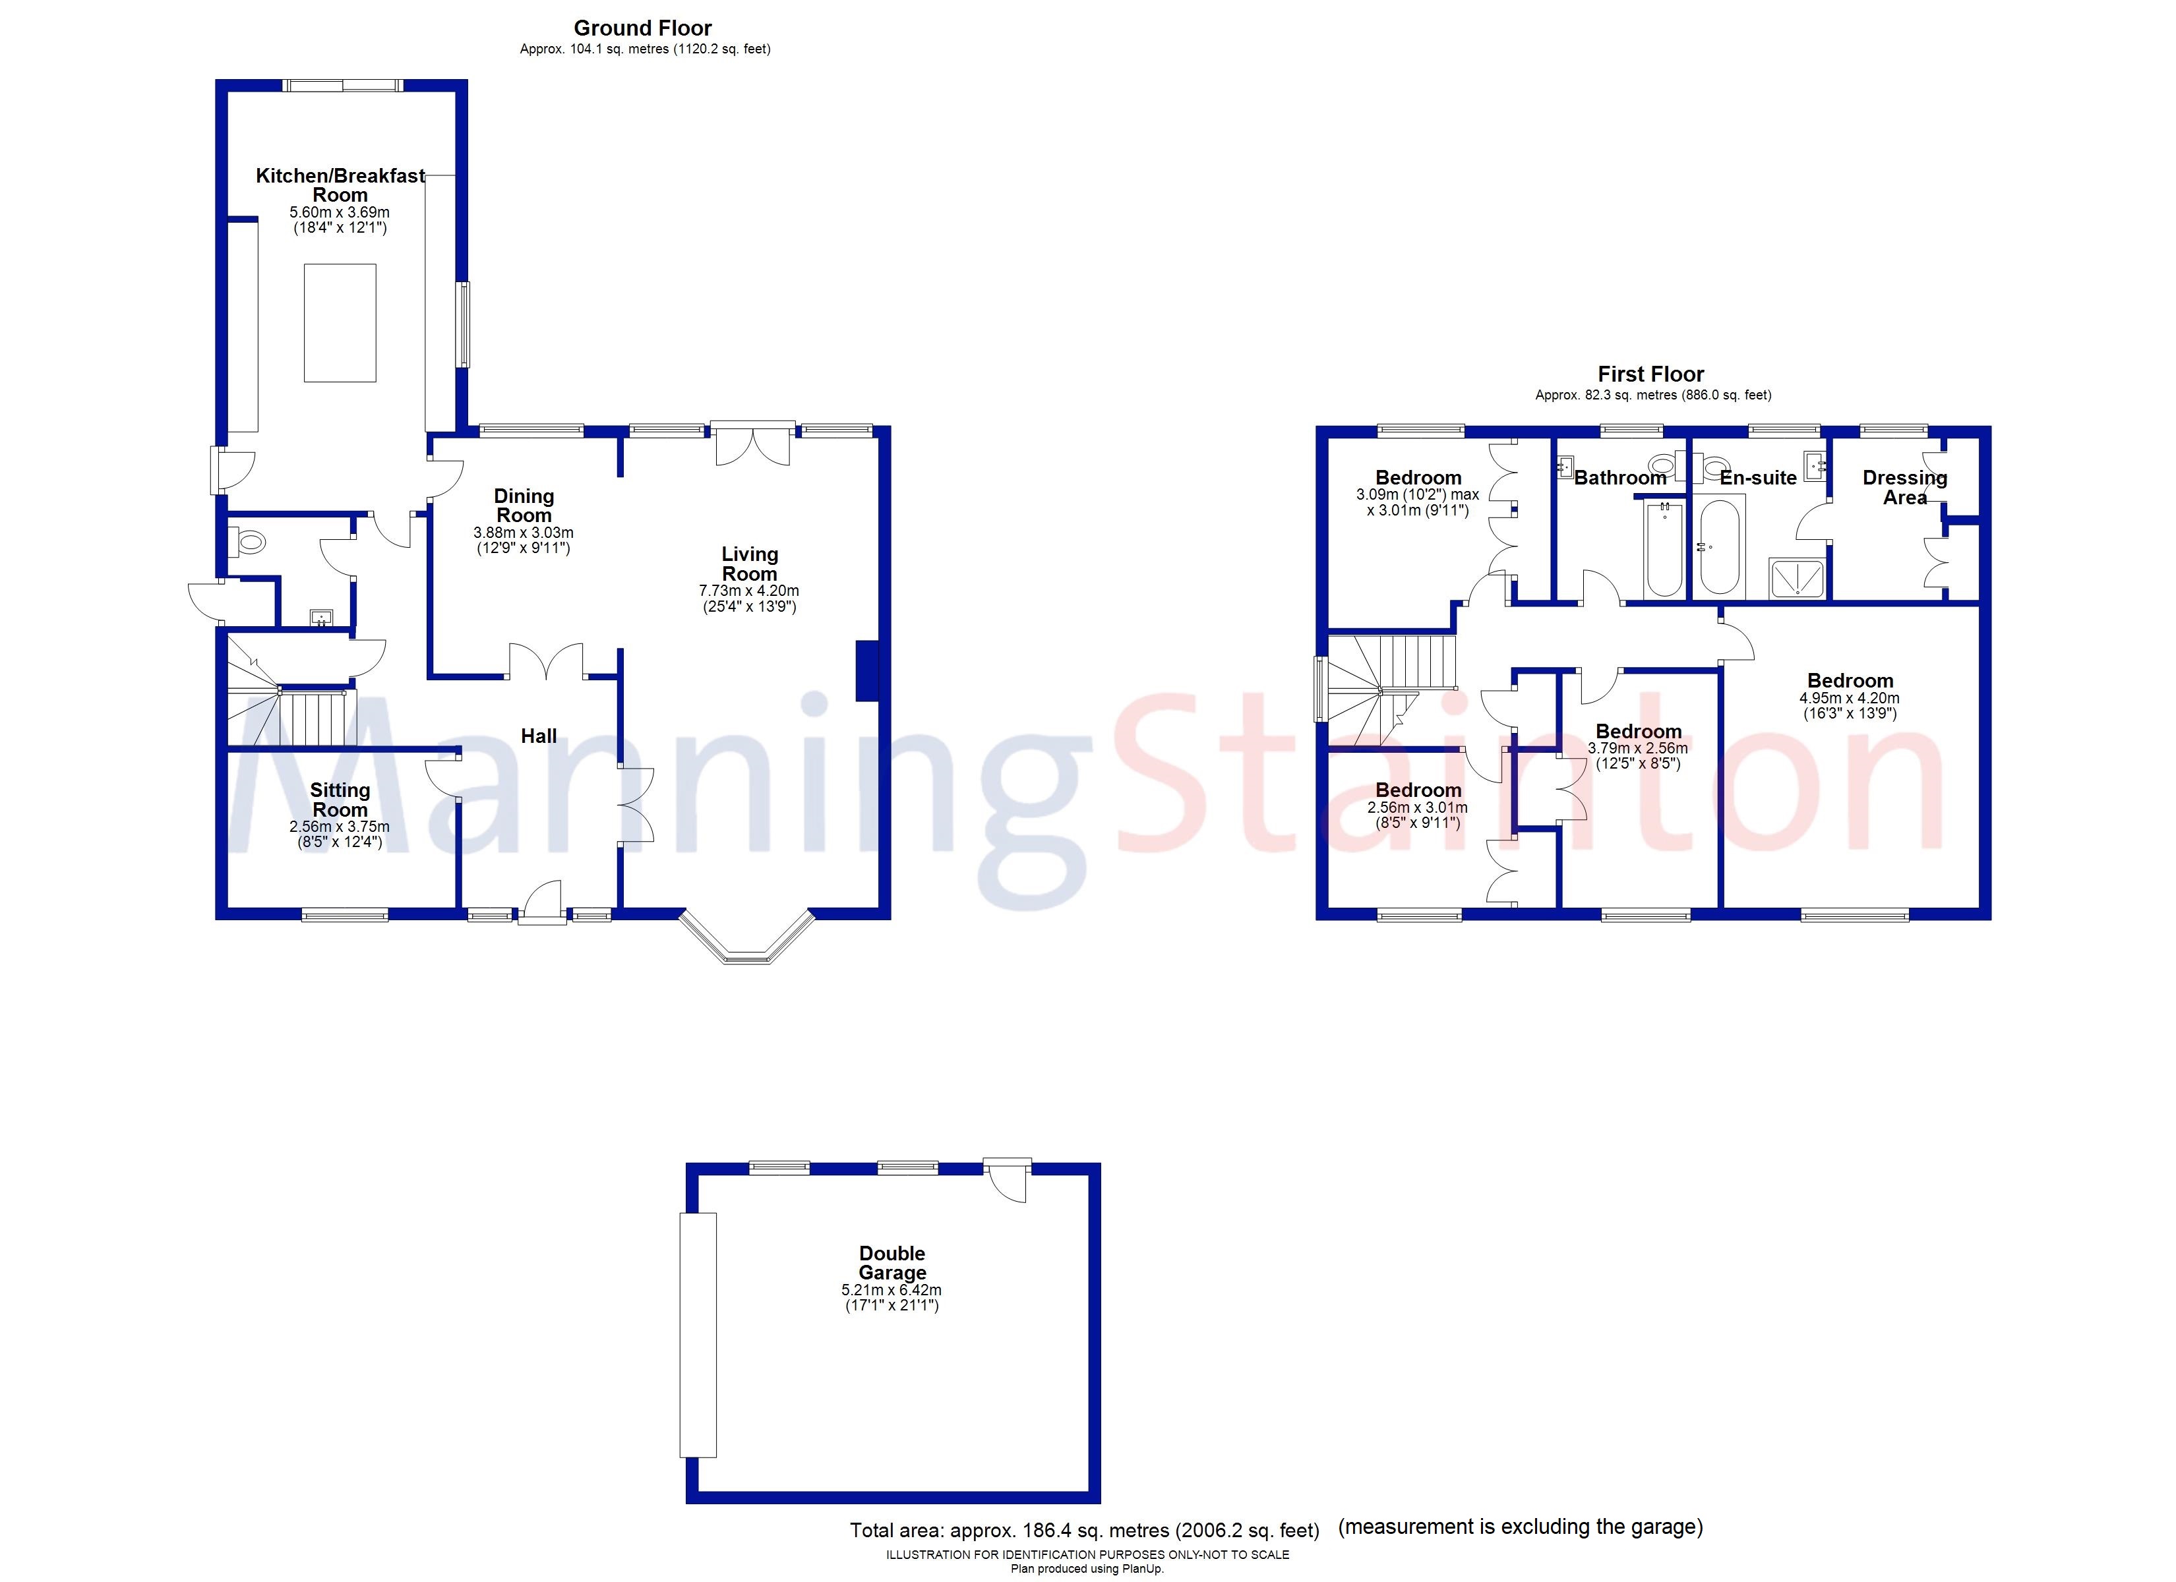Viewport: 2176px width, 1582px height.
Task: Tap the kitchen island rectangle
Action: coord(340,323)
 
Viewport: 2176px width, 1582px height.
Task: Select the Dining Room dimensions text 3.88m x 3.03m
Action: coord(523,533)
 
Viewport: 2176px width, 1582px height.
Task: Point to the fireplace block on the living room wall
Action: coord(866,670)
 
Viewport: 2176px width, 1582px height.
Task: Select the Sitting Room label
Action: coord(340,799)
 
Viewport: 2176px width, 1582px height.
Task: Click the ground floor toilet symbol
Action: coord(247,543)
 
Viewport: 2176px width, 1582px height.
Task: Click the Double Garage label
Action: coord(892,1262)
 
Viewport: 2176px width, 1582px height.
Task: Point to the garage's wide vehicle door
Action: coord(698,1334)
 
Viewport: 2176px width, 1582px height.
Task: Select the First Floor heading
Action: coord(1650,374)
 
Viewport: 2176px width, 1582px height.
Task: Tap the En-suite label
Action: coord(1758,478)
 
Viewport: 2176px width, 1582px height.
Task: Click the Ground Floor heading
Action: coord(643,28)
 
